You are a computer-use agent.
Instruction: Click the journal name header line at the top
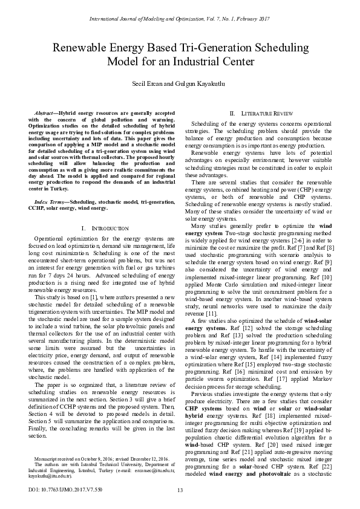180,20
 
